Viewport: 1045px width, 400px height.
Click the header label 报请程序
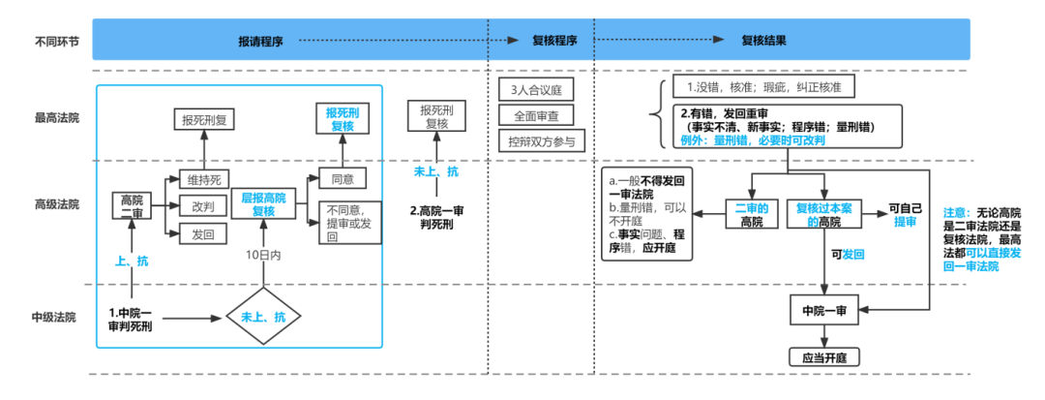[x=260, y=42]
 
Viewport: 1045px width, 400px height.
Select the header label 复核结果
[x=763, y=42]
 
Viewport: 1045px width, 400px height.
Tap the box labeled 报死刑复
[x=206, y=120]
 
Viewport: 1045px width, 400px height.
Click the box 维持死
[x=203, y=180]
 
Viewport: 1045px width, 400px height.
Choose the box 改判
[x=203, y=206]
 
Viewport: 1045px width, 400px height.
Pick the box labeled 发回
[x=203, y=233]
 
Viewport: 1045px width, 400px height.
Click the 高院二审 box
[x=131, y=206]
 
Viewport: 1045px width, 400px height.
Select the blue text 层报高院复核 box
[x=263, y=204]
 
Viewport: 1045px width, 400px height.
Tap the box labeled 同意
[x=343, y=179]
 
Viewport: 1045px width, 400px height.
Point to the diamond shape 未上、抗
[x=263, y=317]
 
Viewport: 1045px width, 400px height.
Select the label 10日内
[x=262, y=255]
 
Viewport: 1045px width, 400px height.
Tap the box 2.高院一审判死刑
[x=437, y=218]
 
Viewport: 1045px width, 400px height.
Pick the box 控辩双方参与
[x=541, y=141]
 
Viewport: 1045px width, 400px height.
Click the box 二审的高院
[x=752, y=214]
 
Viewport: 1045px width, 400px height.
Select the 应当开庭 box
[x=824, y=357]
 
